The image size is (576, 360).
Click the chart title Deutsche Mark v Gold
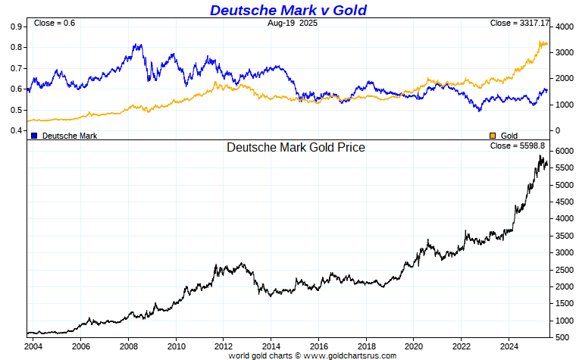pyautogui.click(x=288, y=10)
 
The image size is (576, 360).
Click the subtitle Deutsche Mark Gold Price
pyautogui.click(x=296, y=148)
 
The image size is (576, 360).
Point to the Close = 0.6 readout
pyautogui.click(x=55, y=23)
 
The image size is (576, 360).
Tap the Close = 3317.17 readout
pyautogui.click(x=518, y=23)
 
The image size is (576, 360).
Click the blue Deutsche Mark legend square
pyautogui.click(x=34, y=136)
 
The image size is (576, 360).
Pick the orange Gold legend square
pyautogui.click(x=493, y=136)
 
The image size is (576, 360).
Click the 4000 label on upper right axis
pyautogui.click(x=564, y=27)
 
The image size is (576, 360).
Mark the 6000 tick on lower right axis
pyautogui.click(x=564, y=152)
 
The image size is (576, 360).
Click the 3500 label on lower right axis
pyautogui.click(x=564, y=236)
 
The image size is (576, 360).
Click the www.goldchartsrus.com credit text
pyautogui.click(x=350, y=355)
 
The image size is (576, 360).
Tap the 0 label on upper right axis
pyautogui.click(x=557, y=130)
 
